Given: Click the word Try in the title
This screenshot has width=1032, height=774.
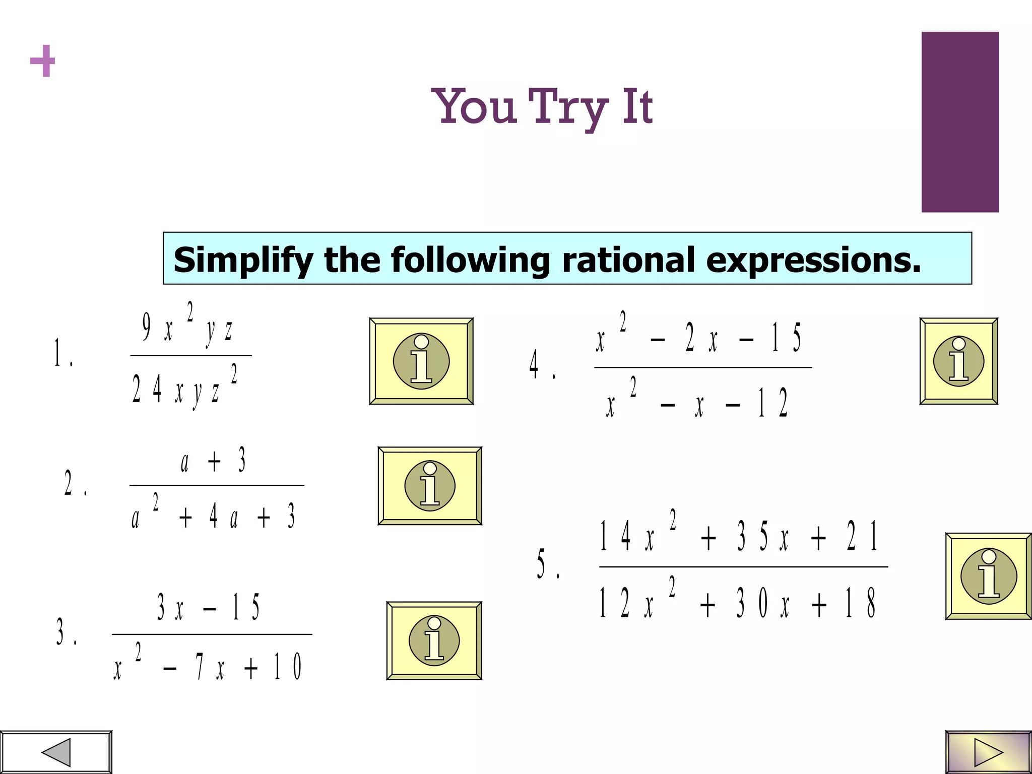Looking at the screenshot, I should pos(568,107).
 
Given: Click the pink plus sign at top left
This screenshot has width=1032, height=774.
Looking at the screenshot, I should pos(42,60).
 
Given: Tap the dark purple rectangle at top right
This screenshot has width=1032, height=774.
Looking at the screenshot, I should pos(960,122).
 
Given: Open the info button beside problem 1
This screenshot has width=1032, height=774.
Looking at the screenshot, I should pos(421,361).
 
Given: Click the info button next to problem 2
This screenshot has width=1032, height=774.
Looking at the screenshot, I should pos(430,486).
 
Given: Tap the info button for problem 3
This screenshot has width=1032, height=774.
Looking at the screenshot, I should pos(434,641).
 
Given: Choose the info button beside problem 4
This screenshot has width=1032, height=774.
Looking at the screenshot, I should pos(958,361).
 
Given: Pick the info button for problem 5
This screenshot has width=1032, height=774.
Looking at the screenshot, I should pos(989,576).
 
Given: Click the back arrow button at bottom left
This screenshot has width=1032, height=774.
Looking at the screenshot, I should pos(56,752).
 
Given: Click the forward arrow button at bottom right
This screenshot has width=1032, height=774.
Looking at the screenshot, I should pos(988,752).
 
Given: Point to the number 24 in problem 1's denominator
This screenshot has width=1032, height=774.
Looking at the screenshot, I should pos(147,389).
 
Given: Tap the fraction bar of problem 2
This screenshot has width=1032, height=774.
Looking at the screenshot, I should pos(217,485).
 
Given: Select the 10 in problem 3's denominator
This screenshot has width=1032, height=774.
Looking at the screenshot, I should pos(287,666).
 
